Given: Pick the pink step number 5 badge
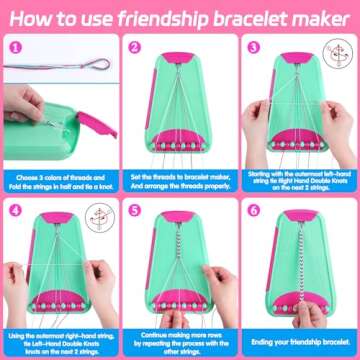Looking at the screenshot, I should tap(135, 211).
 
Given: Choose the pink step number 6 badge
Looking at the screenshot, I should tap(253, 211).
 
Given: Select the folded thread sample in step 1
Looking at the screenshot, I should tap(65, 63).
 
